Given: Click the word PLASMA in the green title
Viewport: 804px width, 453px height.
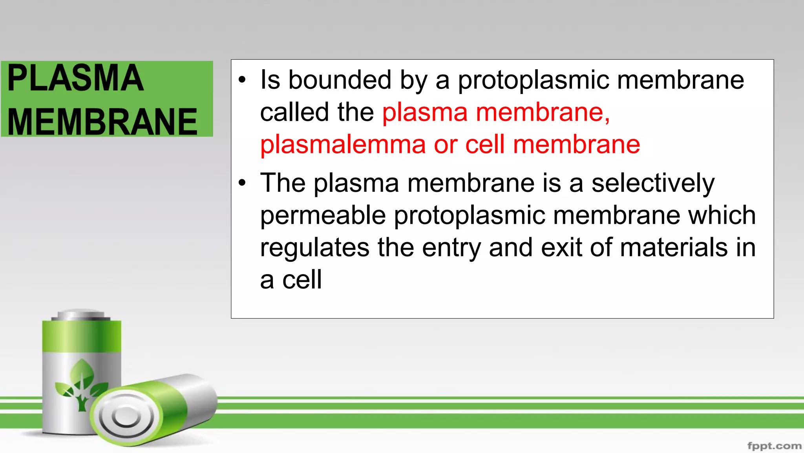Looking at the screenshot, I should pyautogui.click(x=75, y=78).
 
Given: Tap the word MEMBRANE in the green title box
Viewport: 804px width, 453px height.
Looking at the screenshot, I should pyautogui.click(x=102, y=122).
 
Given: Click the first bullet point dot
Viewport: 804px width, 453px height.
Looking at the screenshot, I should pyautogui.click(x=242, y=80).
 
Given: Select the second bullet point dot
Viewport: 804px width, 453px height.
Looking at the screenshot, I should pyautogui.click(x=242, y=183).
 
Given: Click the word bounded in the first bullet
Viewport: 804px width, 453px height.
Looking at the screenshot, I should pyautogui.click(x=340, y=80).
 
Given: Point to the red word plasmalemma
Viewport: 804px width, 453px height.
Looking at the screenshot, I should pyautogui.click(x=343, y=145).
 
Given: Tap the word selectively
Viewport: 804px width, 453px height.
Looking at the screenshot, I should pyautogui.click(x=653, y=183).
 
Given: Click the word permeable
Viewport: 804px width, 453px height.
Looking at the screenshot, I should pyautogui.click(x=323, y=215).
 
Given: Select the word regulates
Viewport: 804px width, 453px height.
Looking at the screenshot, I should pyautogui.click(x=314, y=248).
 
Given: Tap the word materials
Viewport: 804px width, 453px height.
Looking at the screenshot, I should pyautogui.click(x=674, y=248).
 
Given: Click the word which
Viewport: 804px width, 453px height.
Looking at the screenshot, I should pyautogui.click(x=722, y=215).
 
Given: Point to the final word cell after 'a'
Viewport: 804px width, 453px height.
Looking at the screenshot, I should pyautogui.click(x=302, y=280).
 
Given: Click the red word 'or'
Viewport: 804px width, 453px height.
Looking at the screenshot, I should pyautogui.click(x=445, y=145).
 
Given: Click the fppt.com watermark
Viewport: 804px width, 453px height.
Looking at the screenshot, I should pyautogui.click(x=774, y=446).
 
